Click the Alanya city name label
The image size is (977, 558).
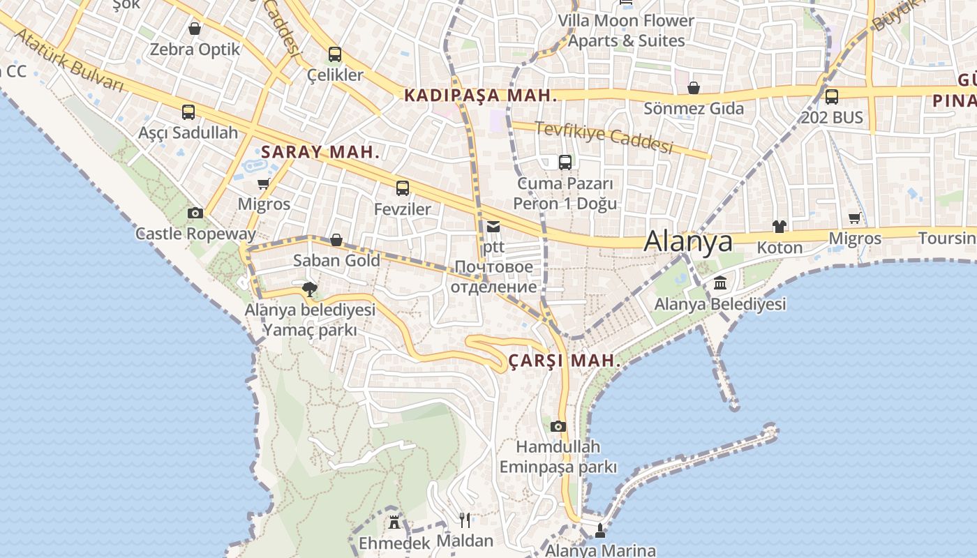688,241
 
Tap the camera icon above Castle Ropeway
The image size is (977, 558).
195,213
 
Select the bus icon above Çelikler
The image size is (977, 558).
335,54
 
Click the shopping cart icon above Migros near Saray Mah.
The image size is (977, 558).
263,184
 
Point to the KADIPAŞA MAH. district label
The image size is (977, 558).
482,96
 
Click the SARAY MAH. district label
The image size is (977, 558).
320,152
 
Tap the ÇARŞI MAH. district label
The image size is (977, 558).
565,361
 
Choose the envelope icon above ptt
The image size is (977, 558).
493,226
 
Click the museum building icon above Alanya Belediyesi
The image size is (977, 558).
720,283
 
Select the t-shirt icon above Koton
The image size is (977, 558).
780,227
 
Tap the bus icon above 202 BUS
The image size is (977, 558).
831,97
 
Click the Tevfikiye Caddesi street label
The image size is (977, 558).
604,137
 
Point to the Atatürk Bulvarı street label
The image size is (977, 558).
68,60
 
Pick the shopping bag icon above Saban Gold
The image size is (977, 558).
336,240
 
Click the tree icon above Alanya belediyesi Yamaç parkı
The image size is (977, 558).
310,289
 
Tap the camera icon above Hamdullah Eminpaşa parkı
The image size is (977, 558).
558,426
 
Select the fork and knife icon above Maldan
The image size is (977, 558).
465,520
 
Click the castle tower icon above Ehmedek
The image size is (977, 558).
394,521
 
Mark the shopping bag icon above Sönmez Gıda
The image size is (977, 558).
694,88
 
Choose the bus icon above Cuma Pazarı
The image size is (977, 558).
565,163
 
